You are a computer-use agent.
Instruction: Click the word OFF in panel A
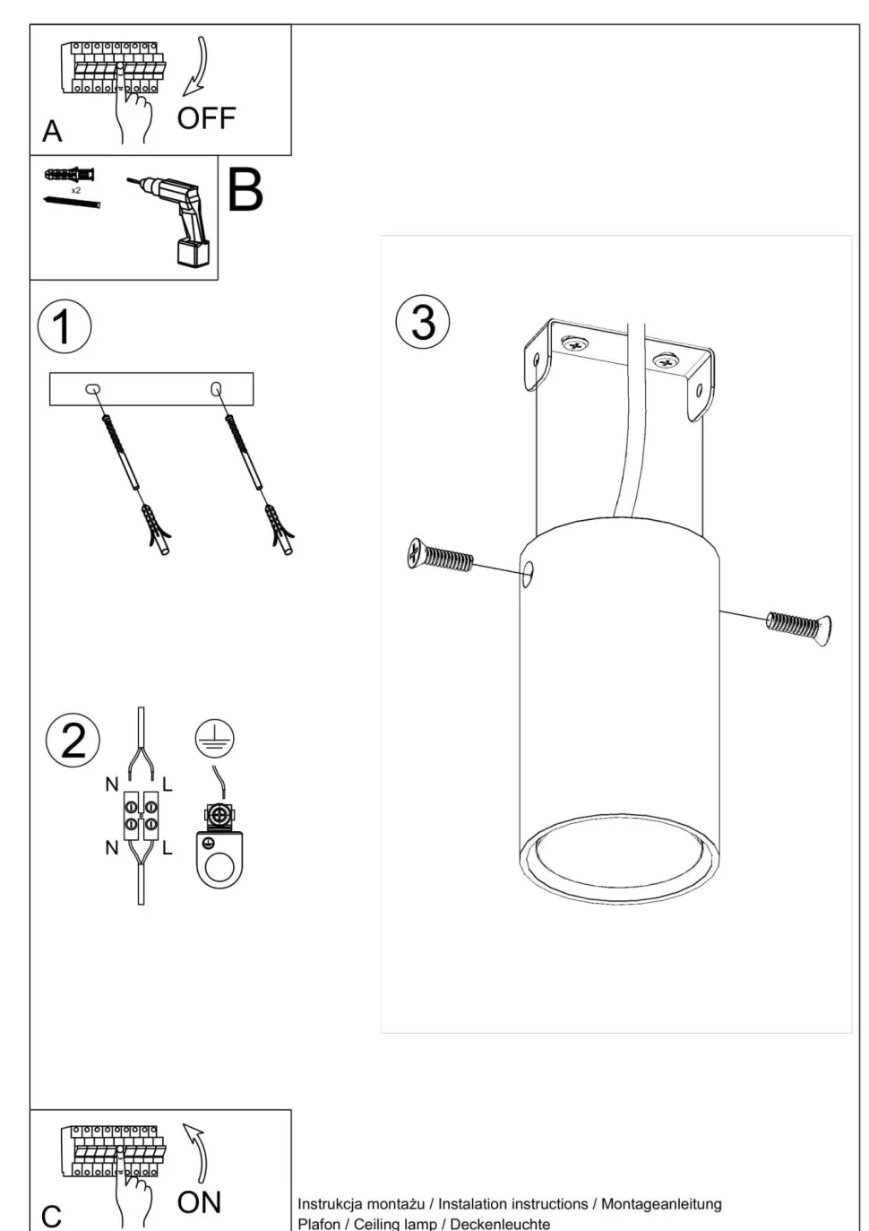[x=206, y=118]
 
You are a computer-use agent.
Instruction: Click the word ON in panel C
[x=199, y=1202]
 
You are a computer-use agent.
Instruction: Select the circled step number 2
[x=73, y=741]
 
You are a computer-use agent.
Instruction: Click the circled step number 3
[x=423, y=321]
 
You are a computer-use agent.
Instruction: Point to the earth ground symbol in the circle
[x=214, y=739]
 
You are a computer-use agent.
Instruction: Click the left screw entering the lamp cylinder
[x=439, y=556]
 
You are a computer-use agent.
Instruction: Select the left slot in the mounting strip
[x=92, y=389]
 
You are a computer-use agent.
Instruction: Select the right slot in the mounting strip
[x=216, y=388]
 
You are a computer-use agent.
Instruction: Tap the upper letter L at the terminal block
[x=168, y=785]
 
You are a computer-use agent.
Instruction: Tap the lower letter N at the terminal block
[x=112, y=847]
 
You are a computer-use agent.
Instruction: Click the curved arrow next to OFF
[x=198, y=67]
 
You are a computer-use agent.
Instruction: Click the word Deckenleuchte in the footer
[x=500, y=1224]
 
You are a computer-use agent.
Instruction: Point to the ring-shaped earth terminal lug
[x=219, y=862]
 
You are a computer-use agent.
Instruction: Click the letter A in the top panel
[x=52, y=132]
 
